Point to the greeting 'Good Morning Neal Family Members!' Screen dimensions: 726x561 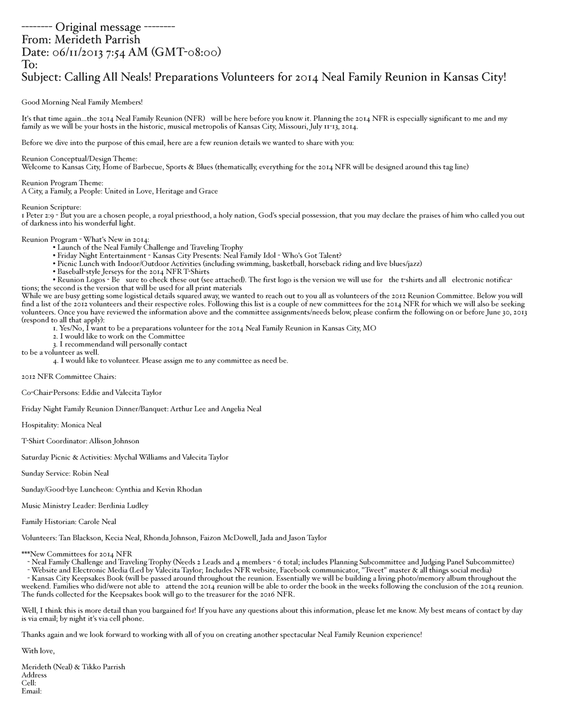coord(82,102)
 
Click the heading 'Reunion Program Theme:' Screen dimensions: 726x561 coord(62,183)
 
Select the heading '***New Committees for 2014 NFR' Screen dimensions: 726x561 coord(77,554)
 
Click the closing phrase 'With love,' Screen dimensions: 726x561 coord(38,651)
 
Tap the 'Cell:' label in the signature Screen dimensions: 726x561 coord(29,683)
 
